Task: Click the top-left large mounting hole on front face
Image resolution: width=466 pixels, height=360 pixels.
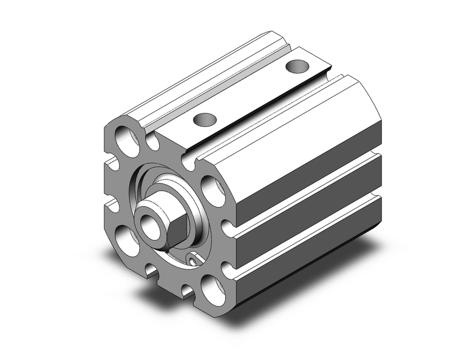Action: [127, 140]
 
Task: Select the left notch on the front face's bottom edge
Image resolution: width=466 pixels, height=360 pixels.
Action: [151, 270]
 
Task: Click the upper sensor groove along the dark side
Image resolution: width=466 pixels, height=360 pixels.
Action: [308, 191]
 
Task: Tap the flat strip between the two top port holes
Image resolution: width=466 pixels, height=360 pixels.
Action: [252, 93]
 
